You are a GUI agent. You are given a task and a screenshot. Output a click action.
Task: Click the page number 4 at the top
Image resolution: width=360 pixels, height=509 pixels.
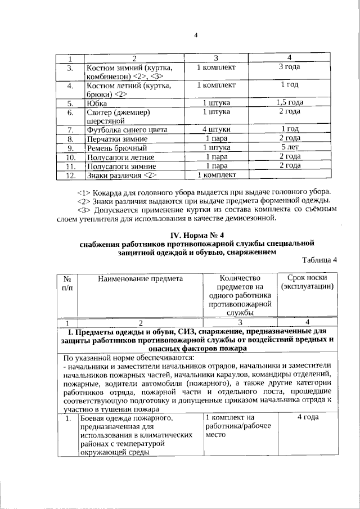point(196,36)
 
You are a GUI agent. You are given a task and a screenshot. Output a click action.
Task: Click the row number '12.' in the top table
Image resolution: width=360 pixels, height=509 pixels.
point(70,175)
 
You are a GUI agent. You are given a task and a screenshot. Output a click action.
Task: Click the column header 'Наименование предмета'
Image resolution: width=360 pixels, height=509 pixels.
point(140,278)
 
